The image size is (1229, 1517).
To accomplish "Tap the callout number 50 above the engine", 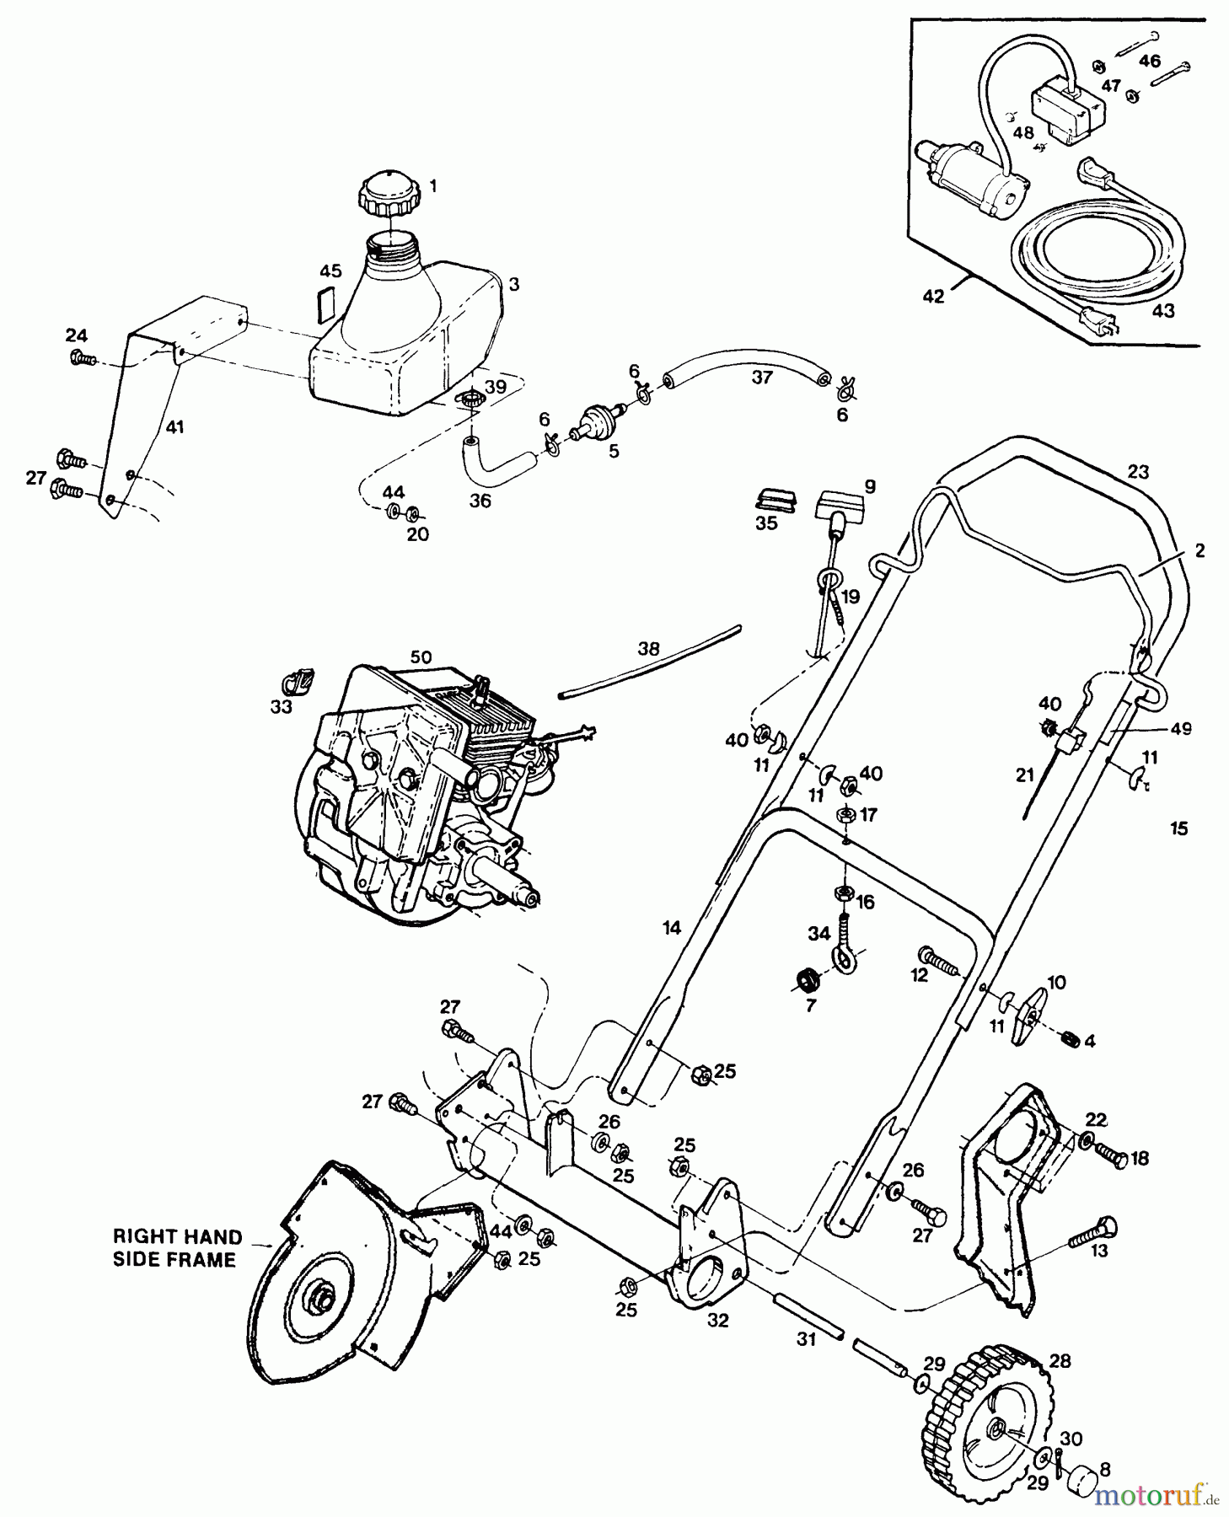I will (x=421, y=657).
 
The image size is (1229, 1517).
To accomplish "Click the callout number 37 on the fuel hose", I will (x=762, y=378).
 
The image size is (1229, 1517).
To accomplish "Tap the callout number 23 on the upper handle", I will (x=1138, y=472).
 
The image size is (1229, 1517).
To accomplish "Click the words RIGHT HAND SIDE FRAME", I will (x=178, y=1248).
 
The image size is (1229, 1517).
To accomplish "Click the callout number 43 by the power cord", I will (x=1162, y=311).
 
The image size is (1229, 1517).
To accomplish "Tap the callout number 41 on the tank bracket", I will (x=174, y=427).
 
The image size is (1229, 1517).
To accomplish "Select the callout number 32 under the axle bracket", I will (x=717, y=1321).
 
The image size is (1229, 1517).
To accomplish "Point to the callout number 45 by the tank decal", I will (x=330, y=271).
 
